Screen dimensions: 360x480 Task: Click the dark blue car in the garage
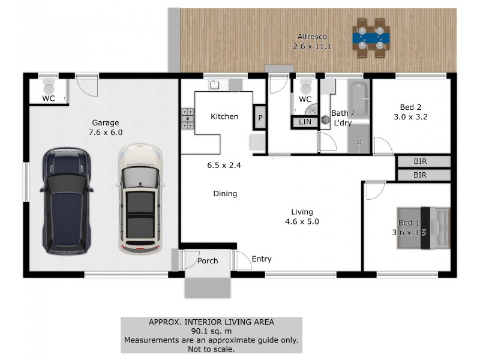(66, 199)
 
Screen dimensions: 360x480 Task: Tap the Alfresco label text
(312, 36)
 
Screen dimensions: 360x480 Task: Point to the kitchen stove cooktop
(188, 119)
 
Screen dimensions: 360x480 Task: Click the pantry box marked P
(260, 117)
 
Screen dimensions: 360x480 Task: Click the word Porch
(208, 261)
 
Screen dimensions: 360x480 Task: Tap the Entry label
(262, 259)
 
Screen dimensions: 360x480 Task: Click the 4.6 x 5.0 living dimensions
(301, 221)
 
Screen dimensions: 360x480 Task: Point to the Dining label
(225, 194)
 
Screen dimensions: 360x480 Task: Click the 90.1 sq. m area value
(211, 331)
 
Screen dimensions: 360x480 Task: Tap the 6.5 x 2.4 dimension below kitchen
(224, 166)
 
